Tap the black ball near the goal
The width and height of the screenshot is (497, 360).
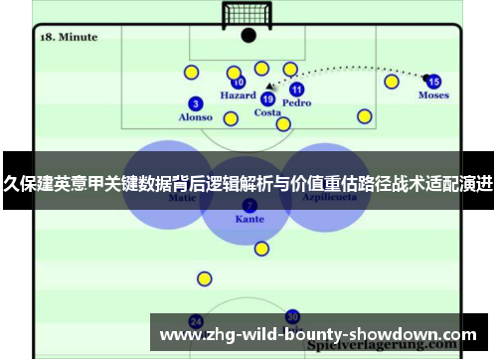(248, 35)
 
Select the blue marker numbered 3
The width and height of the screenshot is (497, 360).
(196, 103)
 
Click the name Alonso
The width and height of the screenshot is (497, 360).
(195, 117)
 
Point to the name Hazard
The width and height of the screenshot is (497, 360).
(239, 96)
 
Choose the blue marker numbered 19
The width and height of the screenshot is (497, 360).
(267, 99)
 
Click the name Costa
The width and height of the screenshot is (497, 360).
(267, 112)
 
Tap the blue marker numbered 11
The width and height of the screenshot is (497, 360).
(296, 90)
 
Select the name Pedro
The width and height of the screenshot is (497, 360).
(296, 102)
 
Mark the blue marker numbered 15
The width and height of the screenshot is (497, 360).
(433, 82)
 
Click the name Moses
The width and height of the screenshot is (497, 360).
(433, 95)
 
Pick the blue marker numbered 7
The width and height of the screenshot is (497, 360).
(249, 204)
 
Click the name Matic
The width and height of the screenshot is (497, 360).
(182, 198)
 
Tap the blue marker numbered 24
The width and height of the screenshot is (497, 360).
(196, 321)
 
